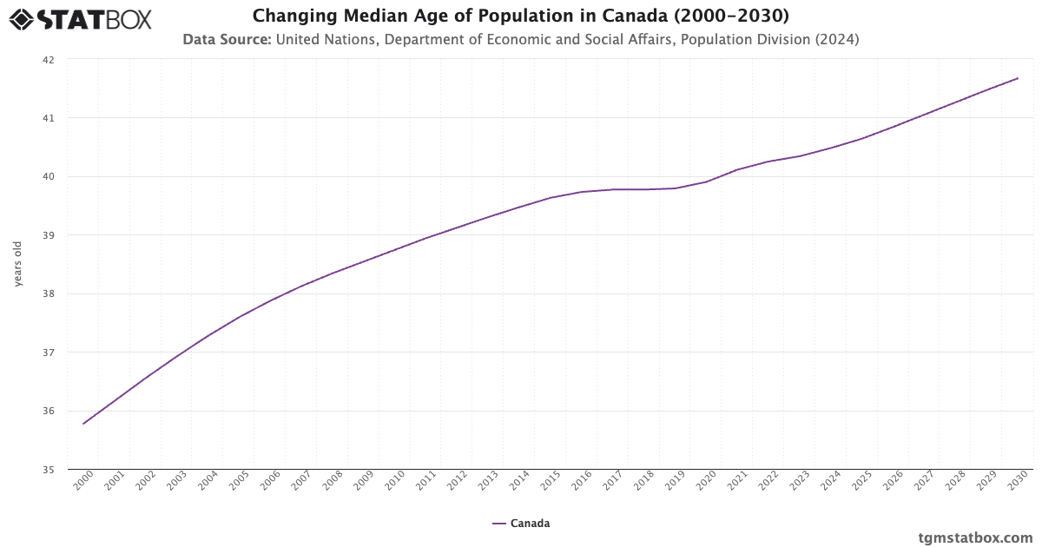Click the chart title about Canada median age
(x=520, y=16)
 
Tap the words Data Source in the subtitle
(x=227, y=39)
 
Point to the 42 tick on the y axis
(x=49, y=60)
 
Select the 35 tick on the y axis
(x=49, y=470)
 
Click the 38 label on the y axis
(x=49, y=294)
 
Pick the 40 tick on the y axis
(x=49, y=177)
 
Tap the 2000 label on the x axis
(x=83, y=482)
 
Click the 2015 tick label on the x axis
(x=551, y=482)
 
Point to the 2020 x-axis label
(x=706, y=482)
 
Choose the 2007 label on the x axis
(x=301, y=482)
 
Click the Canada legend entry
(x=521, y=524)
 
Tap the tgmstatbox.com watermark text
(x=975, y=537)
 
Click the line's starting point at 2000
(x=83, y=424)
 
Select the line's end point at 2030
(x=1018, y=78)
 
